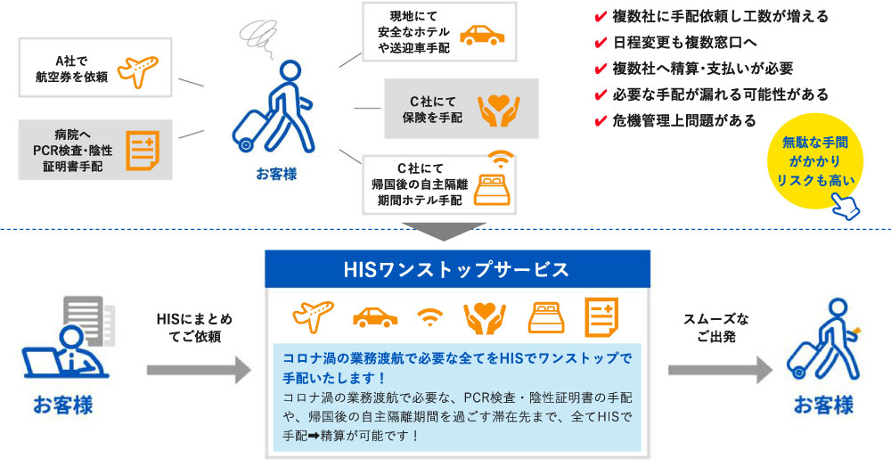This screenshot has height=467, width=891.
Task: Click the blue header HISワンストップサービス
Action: pos(456,267)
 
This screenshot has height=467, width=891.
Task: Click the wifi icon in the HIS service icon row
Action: pos(430,316)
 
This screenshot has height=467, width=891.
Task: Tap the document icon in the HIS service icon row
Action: pos(601,315)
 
